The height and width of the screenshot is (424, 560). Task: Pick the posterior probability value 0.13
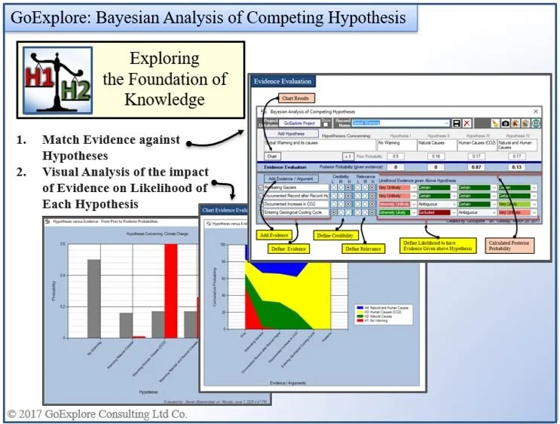516,167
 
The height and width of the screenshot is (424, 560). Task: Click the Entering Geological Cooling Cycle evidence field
295,213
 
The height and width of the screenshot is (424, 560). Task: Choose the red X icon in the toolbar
467,123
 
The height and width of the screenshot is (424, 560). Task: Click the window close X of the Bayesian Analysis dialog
535,111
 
